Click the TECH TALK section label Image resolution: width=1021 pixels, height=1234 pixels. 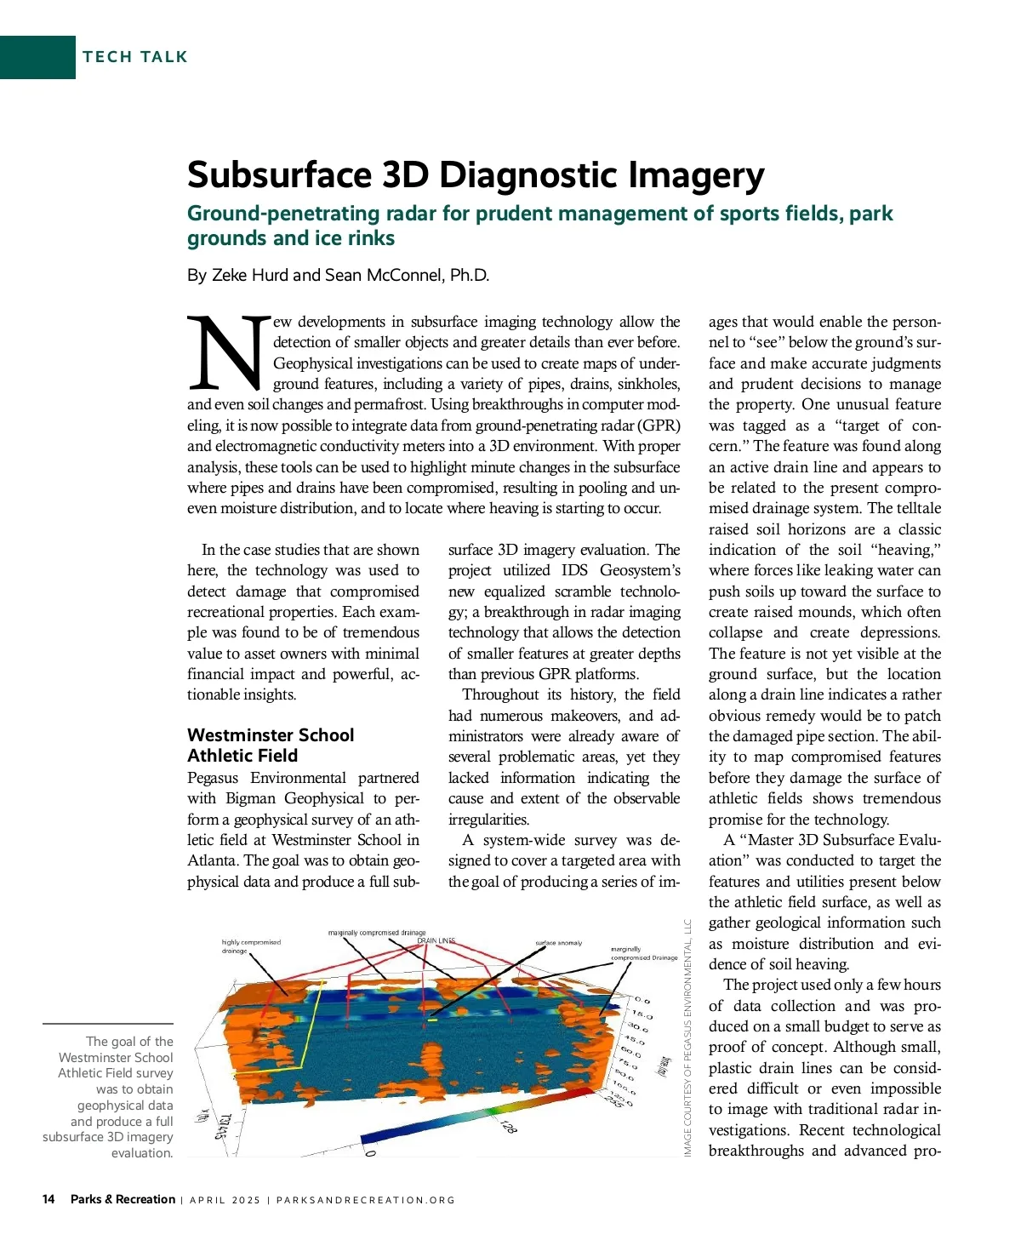point(135,57)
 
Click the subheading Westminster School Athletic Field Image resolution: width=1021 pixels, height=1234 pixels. point(271,746)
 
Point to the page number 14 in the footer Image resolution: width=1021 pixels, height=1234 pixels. point(48,1199)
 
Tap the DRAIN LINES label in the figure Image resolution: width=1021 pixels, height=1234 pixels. point(436,940)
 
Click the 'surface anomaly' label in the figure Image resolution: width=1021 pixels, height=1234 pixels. point(559,943)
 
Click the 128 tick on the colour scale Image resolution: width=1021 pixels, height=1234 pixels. point(509,1128)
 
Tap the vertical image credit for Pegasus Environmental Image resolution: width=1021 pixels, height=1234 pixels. point(688,1038)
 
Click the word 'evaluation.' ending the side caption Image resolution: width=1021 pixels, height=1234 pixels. point(142,1153)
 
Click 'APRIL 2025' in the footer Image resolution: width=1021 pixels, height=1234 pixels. point(225,1200)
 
